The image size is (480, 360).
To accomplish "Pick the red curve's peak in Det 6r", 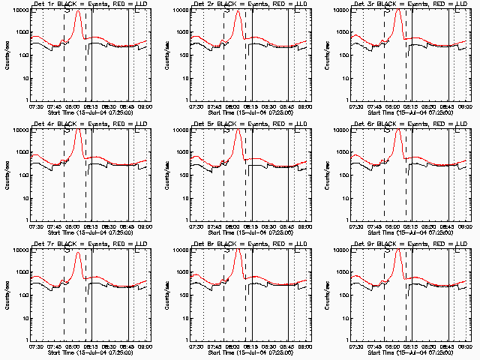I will coord(398,130).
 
